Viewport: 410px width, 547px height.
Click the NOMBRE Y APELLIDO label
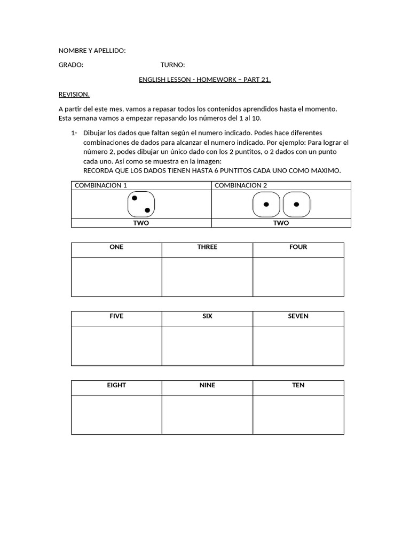tap(92, 51)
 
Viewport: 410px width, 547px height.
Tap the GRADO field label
tap(71, 65)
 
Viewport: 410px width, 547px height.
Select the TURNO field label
tap(172, 65)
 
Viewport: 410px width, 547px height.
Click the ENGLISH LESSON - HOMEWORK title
tap(204, 80)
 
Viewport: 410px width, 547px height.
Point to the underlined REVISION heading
tap(74, 94)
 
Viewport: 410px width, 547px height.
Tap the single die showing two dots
tap(141, 204)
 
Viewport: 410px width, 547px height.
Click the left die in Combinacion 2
tap(266, 205)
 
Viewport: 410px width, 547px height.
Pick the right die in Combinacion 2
tap(296, 205)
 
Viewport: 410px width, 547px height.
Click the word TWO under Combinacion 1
tap(141, 223)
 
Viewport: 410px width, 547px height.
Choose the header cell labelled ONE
tap(116, 247)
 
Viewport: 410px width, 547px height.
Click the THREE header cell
tap(207, 247)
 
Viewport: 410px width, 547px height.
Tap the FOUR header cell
tap(298, 247)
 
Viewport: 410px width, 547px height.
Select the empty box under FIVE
tap(116, 346)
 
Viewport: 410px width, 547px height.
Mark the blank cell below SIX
tap(207, 346)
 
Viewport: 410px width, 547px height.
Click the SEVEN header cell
tap(298, 316)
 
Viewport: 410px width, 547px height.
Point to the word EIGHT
tap(116, 385)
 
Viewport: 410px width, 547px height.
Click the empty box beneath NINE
tap(207, 415)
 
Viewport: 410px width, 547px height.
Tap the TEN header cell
tap(298, 385)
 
